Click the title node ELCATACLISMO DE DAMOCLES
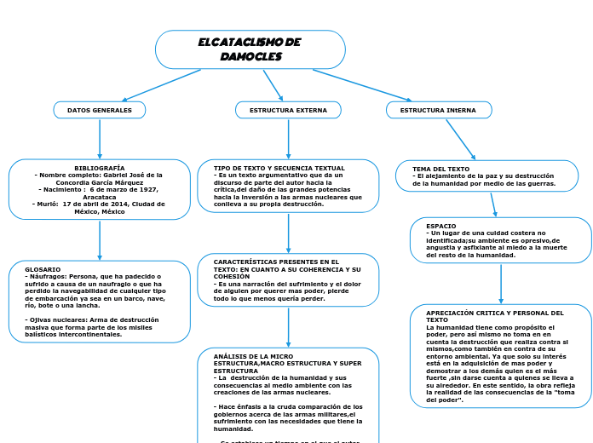point(250,49)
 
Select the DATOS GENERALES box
point(100,110)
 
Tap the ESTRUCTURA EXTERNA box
point(288,110)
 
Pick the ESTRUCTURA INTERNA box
point(438,110)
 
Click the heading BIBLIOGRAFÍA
point(100,168)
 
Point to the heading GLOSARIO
point(43,269)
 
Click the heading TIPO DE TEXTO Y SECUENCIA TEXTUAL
point(279,168)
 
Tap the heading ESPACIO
point(440,226)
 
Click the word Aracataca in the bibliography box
point(100,196)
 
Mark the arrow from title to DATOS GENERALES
point(162,85)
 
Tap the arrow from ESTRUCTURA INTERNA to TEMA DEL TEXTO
point(460,139)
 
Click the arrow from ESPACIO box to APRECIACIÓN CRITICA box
point(501,284)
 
